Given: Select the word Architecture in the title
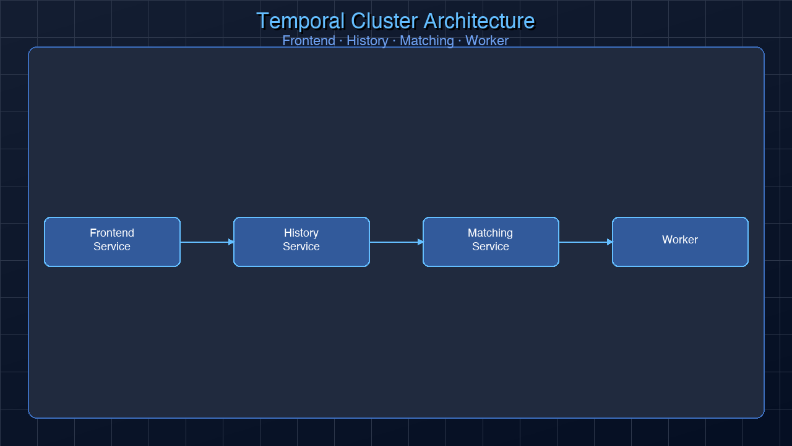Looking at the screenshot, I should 479,21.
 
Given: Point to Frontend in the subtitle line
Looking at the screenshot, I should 308,41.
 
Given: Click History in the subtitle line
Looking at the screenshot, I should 367,41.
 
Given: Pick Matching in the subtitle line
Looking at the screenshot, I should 426,41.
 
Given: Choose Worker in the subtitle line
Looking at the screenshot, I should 486,41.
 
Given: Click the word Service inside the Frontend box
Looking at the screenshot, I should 112,247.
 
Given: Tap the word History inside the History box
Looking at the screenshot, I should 301,233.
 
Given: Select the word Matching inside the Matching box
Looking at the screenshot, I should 490,233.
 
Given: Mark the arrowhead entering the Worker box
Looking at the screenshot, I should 609,242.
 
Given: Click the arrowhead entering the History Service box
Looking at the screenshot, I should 231,242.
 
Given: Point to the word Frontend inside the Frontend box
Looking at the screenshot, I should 112,233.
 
